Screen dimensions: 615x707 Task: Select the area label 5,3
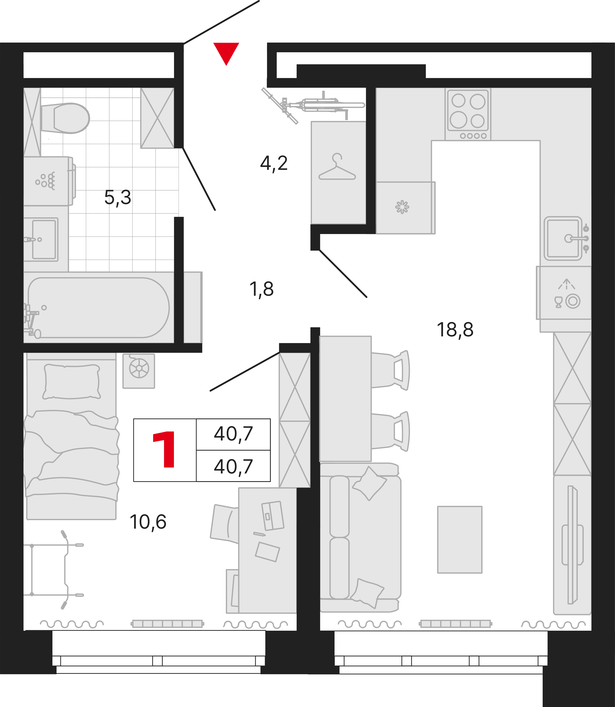pyautogui.click(x=118, y=198)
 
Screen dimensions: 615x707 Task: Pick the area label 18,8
pyautogui.click(x=455, y=330)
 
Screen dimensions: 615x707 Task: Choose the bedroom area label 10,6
pyautogui.click(x=148, y=522)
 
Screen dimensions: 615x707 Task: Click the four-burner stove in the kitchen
pyautogui.click(x=468, y=114)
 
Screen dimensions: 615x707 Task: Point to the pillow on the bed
pyautogui.click(x=71, y=382)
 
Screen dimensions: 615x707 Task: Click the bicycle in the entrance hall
pyautogui.click(x=313, y=106)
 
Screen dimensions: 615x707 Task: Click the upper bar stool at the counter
pyautogui.click(x=391, y=370)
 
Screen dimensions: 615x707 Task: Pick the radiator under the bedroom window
pyautogui.click(x=167, y=624)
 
